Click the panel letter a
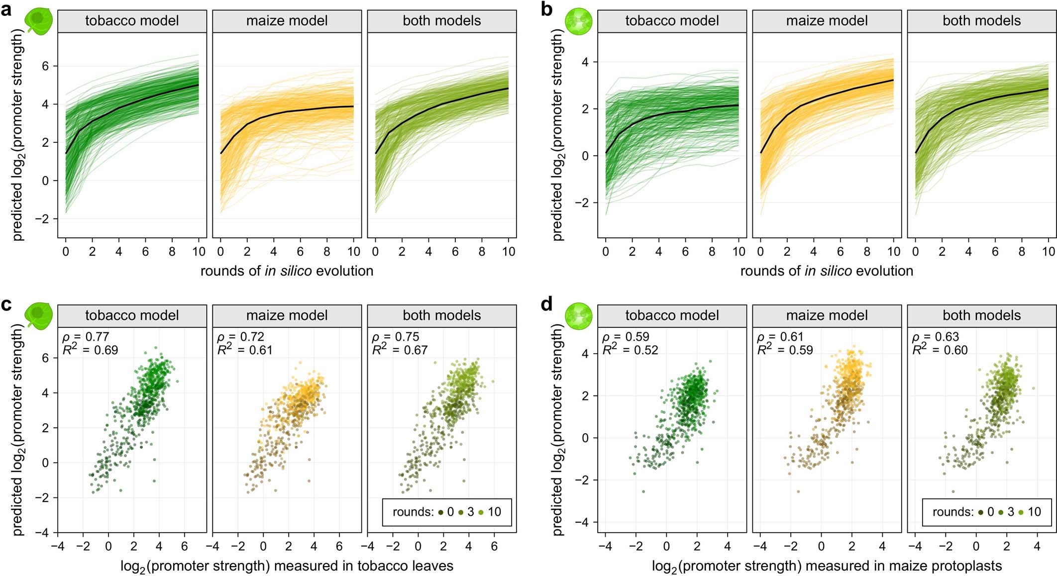(6, 9)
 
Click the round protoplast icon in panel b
(579, 21)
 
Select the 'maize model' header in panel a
(287, 21)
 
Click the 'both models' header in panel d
(981, 315)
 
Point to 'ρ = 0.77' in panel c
(86, 337)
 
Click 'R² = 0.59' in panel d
(785, 350)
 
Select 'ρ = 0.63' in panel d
(935, 337)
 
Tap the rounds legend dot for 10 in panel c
(481, 512)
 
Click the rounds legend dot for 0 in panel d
(980, 512)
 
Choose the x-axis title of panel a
(287, 271)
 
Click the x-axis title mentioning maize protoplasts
(827, 566)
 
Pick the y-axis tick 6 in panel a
(45, 66)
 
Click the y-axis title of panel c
(18, 430)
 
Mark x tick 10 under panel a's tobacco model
(199, 252)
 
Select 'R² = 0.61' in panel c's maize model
(245, 350)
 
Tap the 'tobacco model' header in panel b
(672, 21)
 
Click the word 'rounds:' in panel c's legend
(413, 512)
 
